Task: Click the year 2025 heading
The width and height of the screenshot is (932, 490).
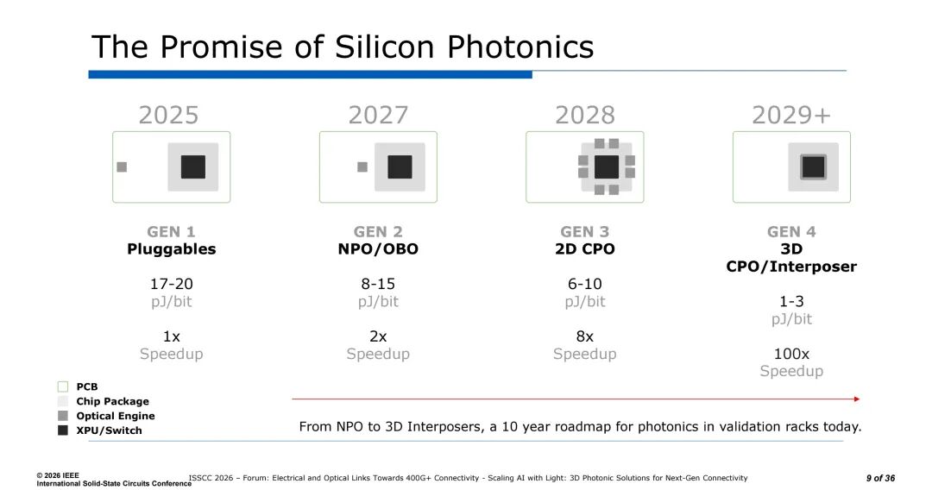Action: click(168, 115)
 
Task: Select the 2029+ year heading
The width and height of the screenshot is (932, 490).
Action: click(790, 115)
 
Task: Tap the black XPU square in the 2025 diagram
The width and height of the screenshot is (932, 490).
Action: click(193, 167)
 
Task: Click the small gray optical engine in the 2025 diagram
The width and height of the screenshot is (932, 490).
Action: click(122, 167)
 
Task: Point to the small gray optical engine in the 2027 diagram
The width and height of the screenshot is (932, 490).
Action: click(362, 167)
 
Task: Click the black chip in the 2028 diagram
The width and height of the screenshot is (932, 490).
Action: click(607, 167)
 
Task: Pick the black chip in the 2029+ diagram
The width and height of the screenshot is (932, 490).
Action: click(813, 167)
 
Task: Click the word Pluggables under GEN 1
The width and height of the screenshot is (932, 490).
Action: click(171, 249)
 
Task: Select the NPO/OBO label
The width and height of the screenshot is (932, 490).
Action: click(378, 249)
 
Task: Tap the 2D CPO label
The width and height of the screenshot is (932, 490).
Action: click(584, 249)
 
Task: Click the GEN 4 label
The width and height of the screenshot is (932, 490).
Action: click(791, 231)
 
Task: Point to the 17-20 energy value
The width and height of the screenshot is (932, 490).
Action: click(171, 284)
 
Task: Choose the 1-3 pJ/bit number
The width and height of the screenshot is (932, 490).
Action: click(791, 301)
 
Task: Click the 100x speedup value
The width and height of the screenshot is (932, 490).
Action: click(791, 354)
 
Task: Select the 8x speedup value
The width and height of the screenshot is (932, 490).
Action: click(584, 336)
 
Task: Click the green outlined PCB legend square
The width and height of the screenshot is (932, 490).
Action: click(62, 386)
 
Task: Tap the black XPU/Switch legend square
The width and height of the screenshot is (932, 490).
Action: click(62, 430)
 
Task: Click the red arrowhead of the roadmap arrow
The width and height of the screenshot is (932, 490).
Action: click(857, 399)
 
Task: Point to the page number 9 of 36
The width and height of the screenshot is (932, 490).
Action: click(880, 478)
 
